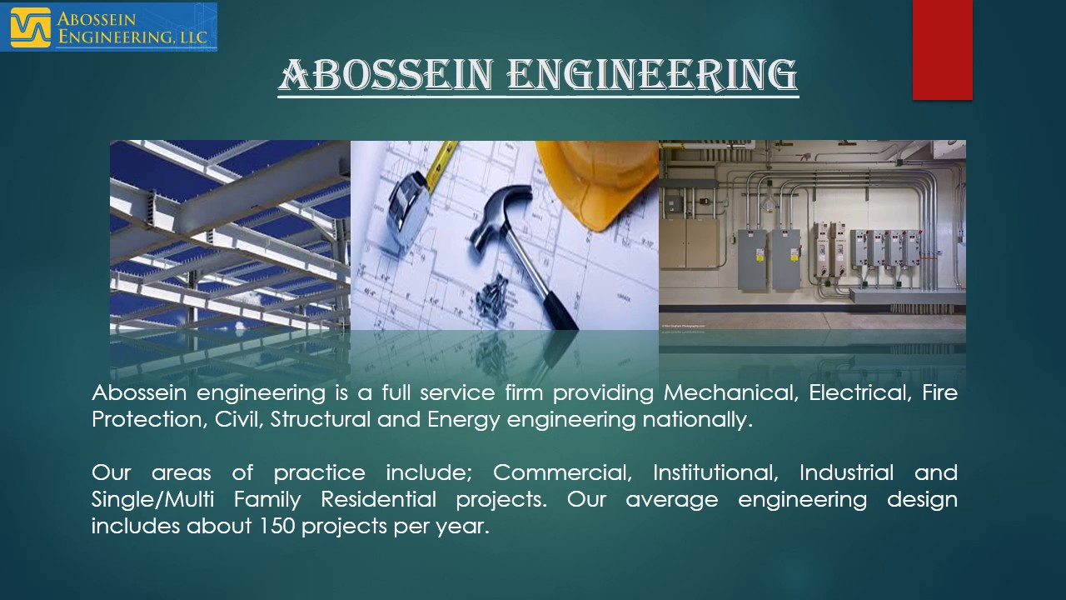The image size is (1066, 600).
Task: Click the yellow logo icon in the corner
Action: tap(30, 27)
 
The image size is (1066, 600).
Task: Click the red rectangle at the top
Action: tap(942, 50)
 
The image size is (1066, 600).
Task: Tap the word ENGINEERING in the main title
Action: tap(652, 76)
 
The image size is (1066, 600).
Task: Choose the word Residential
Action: tap(378, 500)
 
